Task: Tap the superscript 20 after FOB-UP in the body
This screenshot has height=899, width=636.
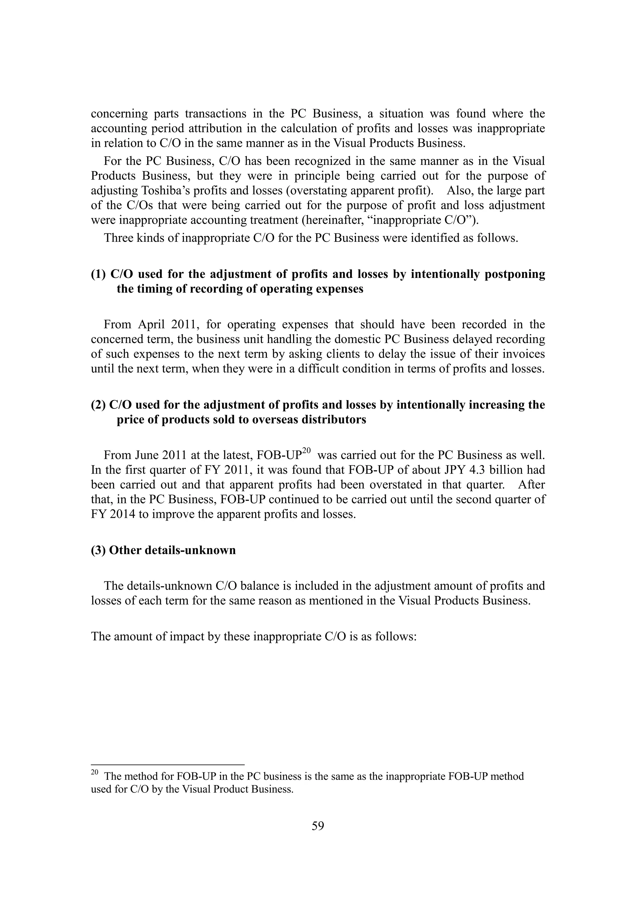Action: [x=306, y=451]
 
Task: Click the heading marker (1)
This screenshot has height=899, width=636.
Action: [x=98, y=274]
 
